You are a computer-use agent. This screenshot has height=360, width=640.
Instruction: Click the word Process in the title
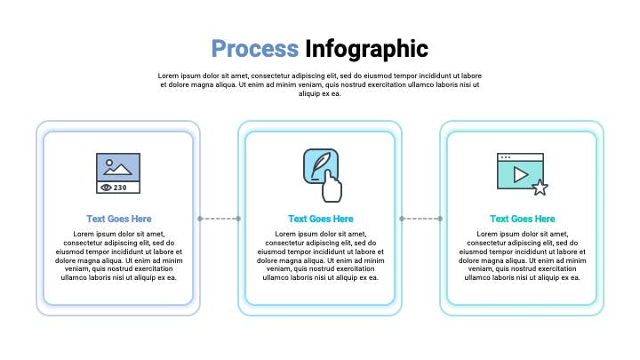[x=255, y=49]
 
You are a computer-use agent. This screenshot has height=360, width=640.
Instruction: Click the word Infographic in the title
[x=366, y=50]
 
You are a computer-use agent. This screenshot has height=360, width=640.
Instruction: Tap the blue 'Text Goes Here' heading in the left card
[x=119, y=219]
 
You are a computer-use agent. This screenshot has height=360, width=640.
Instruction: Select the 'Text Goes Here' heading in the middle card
[x=321, y=219]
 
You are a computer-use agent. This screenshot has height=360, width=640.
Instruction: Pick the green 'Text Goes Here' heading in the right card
[x=523, y=219]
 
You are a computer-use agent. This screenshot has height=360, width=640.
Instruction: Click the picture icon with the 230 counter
[x=118, y=173]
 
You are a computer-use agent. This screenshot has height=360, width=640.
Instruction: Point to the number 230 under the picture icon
[x=120, y=188]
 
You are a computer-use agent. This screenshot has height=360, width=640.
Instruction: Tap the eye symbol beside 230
[x=106, y=188]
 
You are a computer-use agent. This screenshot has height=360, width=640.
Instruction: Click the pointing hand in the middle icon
[x=332, y=187]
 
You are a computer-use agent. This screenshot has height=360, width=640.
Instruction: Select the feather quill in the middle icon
[x=320, y=164]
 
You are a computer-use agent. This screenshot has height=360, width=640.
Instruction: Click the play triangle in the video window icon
[x=520, y=175]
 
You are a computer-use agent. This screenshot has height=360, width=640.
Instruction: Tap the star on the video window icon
[x=540, y=188]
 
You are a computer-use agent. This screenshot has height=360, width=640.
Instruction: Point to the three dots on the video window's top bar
[x=505, y=157]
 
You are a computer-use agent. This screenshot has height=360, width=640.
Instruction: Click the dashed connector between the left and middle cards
[x=220, y=219]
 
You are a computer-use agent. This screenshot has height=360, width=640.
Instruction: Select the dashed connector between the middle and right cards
[x=421, y=219]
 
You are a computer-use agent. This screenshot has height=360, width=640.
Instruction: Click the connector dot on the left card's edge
[x=200, y=219]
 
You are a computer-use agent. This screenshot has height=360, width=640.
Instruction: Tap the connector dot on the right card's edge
[x=440, y=219]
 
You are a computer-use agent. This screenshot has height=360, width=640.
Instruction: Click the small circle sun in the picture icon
[x=109, y=162]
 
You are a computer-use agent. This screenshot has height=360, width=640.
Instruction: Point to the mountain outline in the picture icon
[x=117, y=170]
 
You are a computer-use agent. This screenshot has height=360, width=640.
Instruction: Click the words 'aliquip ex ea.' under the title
[x=320, y=94]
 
